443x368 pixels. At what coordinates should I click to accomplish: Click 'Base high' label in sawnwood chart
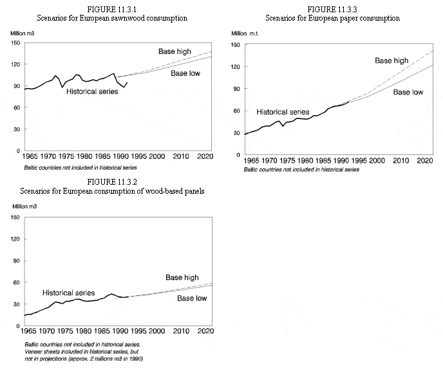coord(174,51)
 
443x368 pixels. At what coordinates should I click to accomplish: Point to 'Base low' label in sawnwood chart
coord(185,73)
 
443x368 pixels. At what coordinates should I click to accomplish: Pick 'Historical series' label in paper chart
coord(283,112)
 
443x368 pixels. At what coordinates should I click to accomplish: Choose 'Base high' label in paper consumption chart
coord(391,60)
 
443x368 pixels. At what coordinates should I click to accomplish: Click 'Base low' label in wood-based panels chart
coord(192,299)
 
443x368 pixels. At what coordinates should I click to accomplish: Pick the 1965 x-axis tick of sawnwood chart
coord(29,156)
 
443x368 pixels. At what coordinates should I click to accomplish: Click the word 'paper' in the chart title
coord(350,18)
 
